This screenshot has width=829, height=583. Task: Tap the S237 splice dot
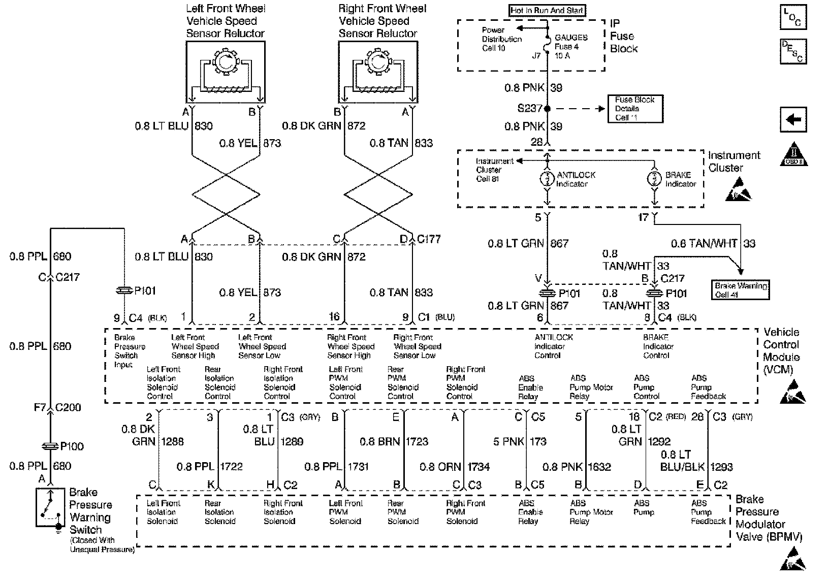548,109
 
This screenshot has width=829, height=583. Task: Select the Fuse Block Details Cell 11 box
635,109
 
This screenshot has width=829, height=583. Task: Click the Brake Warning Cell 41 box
741,290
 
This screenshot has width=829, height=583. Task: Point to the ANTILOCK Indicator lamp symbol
547,179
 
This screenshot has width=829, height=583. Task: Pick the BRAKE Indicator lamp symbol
655,179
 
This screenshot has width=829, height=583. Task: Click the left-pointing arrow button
793,120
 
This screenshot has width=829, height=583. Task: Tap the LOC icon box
792,18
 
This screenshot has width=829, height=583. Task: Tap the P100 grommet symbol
50,446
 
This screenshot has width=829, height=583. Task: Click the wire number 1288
172,442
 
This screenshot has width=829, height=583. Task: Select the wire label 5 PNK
508,442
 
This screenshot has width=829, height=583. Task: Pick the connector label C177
429,239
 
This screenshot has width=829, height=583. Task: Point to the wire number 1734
479,467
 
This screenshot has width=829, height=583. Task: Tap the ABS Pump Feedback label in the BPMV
708,512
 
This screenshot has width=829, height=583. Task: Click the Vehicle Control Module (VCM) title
781,351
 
